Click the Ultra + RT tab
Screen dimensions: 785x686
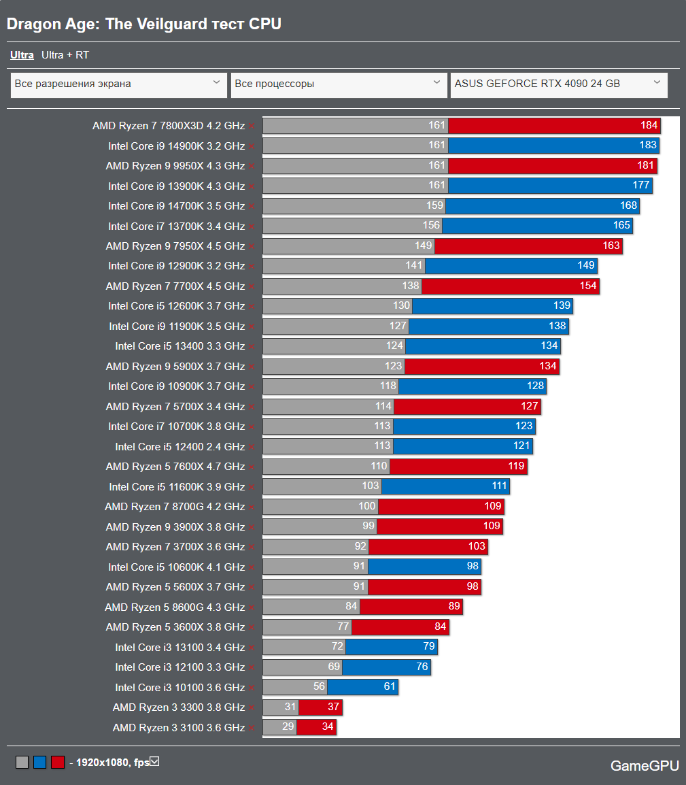click(x=65, y=55)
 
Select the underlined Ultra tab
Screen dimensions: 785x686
click(x=22, y=55)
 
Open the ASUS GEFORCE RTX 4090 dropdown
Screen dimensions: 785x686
click(x=558, y=84)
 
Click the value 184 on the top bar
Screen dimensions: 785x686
click(x=649, y=125)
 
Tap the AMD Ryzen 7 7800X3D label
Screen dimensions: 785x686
click(x=169, y=126)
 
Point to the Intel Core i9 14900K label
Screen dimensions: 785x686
click(x=176, y=146)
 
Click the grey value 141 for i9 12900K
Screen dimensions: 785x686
click(x=414, y=266)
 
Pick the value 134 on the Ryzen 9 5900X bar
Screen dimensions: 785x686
click(x=548, y=367)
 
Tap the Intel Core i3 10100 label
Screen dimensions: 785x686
click(x=179, y=688)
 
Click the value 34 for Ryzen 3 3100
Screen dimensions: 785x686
click(x=328, y=727)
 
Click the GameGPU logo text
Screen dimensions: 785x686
click(x=645, y=766)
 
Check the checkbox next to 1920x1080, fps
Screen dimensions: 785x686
click(x=154, y=761)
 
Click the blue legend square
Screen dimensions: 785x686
click(x=39, y=763)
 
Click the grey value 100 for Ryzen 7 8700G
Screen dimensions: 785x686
click(x=367, y=507)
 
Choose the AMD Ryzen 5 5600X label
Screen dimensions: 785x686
click(x=175, y=587)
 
